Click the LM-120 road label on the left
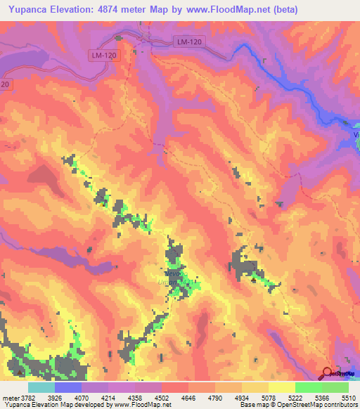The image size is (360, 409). tap(103, 55)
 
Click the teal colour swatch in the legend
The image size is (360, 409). tap(41, 387)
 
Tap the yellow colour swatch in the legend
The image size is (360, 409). tap(282, 387)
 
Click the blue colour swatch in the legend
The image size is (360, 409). tap(68, 387)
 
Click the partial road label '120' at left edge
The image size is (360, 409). tap(5, 84)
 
